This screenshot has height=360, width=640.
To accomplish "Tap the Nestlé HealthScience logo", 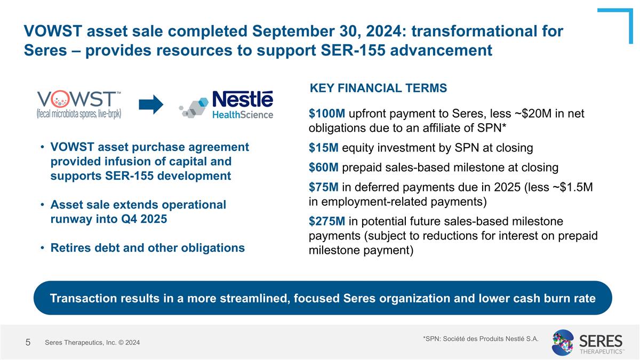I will tap(227, 105).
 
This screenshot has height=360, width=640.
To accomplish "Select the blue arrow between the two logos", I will tap(154, 105).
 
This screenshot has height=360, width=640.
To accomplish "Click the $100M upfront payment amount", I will tap(327, 114).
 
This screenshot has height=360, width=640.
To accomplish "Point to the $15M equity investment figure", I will tap(323, 148).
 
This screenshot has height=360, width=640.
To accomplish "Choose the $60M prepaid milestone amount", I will tap(323, 167).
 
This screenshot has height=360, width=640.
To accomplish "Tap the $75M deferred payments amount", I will tap(323, 188).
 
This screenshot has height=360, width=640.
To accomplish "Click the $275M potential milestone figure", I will tap(327, 221).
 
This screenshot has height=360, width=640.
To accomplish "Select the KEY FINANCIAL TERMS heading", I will tap(378, 88).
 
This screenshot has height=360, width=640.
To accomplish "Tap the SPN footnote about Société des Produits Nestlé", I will tap(480, 338).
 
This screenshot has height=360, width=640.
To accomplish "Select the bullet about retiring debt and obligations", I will tap(147, 247).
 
